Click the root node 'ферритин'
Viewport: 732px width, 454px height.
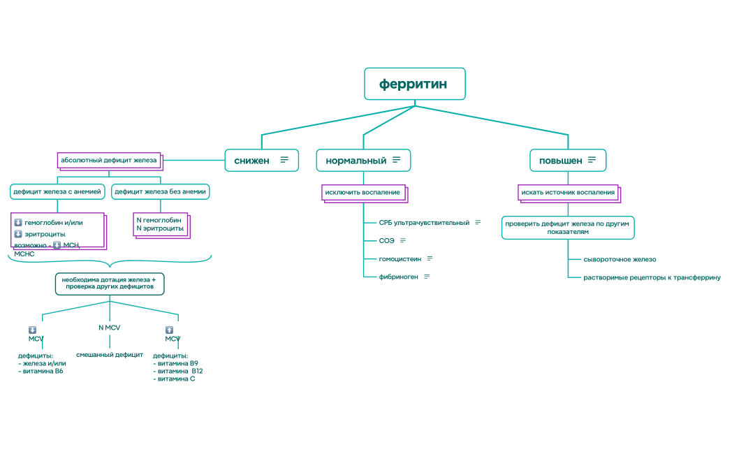point(414,84)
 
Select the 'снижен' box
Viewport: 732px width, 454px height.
point(252,160)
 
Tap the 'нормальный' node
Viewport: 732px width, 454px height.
point(356,160)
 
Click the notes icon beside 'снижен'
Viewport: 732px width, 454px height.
point(284,160)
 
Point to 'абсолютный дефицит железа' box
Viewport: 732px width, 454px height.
point(109,160)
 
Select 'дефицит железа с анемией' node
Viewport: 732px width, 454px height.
point(57,191)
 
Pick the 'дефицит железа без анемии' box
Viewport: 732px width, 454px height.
point(161,191)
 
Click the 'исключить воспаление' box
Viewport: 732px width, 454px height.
point(363,192)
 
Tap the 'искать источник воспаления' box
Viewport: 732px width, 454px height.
point(568,192)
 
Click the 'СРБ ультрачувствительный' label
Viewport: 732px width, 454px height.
point(424,223)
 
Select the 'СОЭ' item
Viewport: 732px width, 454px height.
point(387,240)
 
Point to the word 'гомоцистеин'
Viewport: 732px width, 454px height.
point(400,258)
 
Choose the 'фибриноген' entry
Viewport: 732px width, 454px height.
point(399,277)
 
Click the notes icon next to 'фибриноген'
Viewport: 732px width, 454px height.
point(427,277)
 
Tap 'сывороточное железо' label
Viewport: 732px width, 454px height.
point(620,259)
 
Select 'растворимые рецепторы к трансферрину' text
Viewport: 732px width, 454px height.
point(652,277)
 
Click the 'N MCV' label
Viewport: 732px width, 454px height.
point(109,328)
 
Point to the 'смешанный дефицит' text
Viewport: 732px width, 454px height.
point(110,355)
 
